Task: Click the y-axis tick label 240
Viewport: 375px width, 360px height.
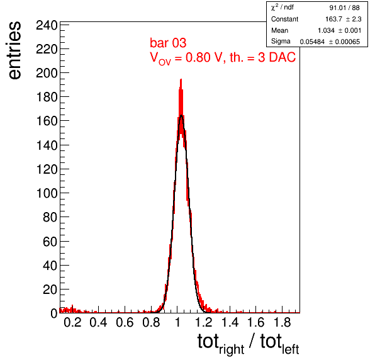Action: coord(47,25)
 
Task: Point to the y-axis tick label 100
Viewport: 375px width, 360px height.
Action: coord(47,193)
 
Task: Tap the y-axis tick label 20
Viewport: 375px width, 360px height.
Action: coord(50,290)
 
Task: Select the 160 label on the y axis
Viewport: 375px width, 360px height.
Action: coord(47,121)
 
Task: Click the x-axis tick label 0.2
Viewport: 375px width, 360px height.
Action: coord(72,322)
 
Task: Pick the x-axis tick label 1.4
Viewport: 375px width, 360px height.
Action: coord(230,322)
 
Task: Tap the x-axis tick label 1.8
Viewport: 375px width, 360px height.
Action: coord(283,322)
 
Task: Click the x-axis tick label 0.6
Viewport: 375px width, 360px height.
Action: coord(125,322)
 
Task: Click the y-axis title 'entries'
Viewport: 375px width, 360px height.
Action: coord(14,50)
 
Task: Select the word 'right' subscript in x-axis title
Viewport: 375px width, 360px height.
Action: coord(232,349)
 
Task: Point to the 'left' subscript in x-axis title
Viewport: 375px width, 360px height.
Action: coord(291,349)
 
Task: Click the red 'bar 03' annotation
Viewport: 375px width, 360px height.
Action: coord(168,43)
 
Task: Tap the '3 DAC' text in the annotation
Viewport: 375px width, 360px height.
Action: coord(277,57)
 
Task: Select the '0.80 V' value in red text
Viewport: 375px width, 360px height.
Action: coord(204,57)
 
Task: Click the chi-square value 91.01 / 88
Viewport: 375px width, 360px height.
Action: coord(344,8)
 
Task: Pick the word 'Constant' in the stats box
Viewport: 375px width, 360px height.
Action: coord(284,19)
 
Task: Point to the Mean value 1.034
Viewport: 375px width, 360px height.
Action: coord(326,30)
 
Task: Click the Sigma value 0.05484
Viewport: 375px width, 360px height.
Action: coord(312,42)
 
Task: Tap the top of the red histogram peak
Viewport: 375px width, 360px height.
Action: coord(181,79)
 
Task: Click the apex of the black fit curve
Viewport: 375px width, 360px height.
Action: coord(181,116)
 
